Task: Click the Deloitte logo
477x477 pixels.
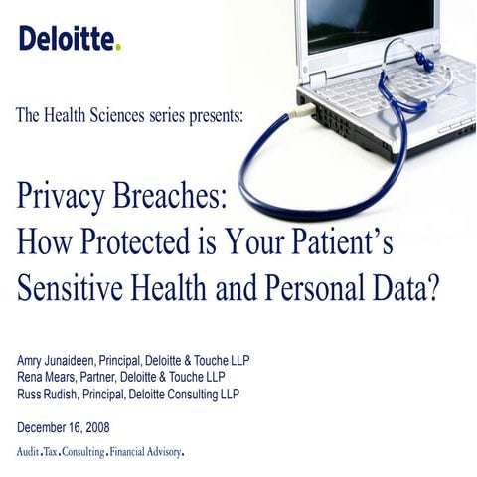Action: coord(69,39)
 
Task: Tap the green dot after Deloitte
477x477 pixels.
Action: coord(118,47)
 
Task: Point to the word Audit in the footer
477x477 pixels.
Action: coord(31,452)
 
